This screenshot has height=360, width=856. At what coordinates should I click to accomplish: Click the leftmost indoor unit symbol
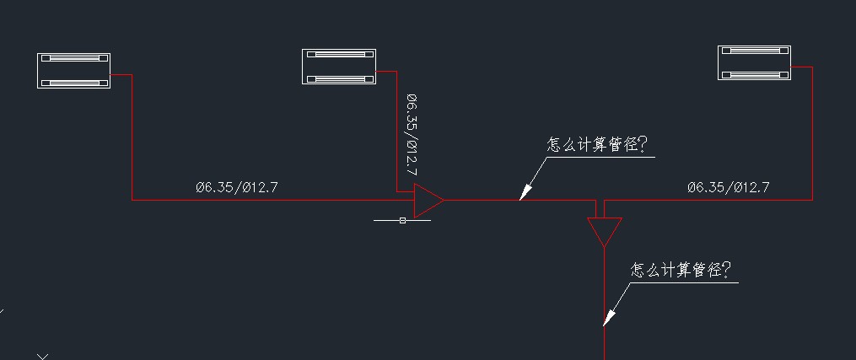(x=74, y=71)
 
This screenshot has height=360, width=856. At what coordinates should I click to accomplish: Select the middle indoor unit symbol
(x=339, y=67)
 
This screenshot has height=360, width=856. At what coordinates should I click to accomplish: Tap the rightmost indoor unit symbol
(x=754, y=63)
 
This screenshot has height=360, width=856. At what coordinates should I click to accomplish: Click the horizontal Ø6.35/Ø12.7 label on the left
(x=236, y=188)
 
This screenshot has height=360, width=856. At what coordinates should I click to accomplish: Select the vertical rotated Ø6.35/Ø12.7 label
(x=412, y=135)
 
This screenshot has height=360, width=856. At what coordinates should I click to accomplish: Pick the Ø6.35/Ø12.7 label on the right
(x=728, y=188)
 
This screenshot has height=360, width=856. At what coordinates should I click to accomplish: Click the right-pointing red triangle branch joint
(x=428, y=201)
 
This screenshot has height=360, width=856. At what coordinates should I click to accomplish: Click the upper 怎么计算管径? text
(x=597, y=145)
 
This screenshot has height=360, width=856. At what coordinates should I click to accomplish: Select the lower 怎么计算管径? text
(x=681, y=270)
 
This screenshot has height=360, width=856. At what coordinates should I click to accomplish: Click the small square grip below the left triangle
(x=402, y=220)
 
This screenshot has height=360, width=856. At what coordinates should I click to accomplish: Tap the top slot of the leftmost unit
(x=74, y=59)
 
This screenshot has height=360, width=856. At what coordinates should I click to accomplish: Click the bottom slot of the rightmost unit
(x=754, y=74)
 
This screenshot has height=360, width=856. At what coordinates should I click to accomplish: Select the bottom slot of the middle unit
(x=339, y=78)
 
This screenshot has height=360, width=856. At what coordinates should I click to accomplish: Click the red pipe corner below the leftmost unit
(x=132, y=200)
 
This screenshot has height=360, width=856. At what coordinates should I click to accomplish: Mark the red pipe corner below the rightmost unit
(x=812, y=200)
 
